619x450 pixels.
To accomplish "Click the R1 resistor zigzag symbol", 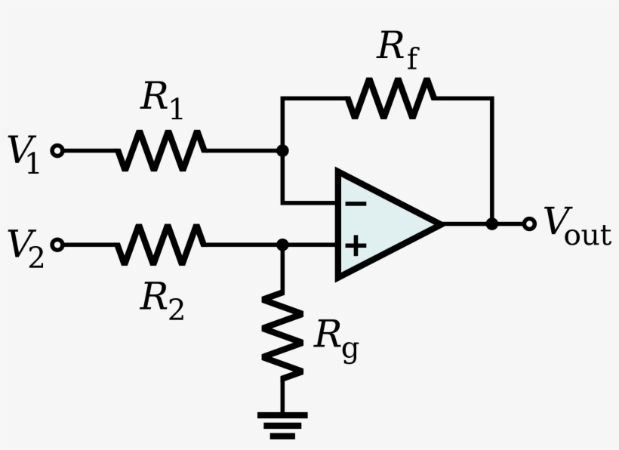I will (160, 150).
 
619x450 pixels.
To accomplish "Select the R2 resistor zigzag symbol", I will (160, 245).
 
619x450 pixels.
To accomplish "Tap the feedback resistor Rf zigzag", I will (390, 98).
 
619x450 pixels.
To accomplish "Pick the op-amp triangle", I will (381, 224).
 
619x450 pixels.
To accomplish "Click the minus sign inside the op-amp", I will (356, 203).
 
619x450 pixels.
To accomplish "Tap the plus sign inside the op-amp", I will (356, 245).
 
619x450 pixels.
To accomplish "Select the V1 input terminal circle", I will (57, 150).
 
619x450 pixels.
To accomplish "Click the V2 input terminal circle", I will (57, 245).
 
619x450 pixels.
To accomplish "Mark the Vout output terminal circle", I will (529, 223).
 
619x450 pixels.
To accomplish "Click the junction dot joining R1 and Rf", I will (282, 150).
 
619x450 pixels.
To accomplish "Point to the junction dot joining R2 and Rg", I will (282, 245).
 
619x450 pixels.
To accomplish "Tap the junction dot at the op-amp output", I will (492, 223).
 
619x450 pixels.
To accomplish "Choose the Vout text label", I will (577, 226).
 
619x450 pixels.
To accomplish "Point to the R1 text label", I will (161, 101).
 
